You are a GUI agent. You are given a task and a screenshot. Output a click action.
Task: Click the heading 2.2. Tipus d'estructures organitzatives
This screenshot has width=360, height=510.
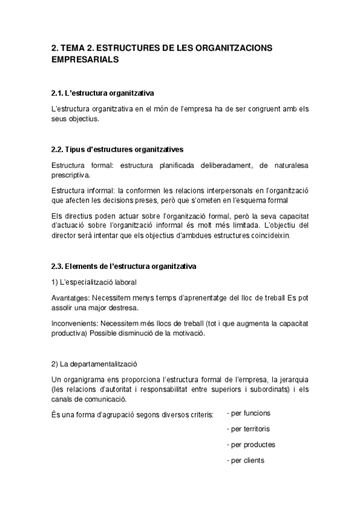(117, 149)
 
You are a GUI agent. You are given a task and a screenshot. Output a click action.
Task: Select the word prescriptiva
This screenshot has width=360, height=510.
(70, 175)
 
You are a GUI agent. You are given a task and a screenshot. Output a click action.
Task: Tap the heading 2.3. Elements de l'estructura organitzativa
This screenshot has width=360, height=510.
(123, 266)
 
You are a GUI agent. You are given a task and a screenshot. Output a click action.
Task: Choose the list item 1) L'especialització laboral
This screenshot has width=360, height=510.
(94, 281)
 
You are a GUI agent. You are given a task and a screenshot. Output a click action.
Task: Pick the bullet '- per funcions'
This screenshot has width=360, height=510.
(248, 413)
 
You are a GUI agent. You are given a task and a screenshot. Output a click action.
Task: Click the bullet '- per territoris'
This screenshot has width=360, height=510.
(248, 429)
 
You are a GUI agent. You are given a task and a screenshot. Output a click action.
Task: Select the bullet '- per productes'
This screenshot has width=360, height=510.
(251, 445)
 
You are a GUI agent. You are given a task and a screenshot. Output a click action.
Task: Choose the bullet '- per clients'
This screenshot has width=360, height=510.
(245, 461)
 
